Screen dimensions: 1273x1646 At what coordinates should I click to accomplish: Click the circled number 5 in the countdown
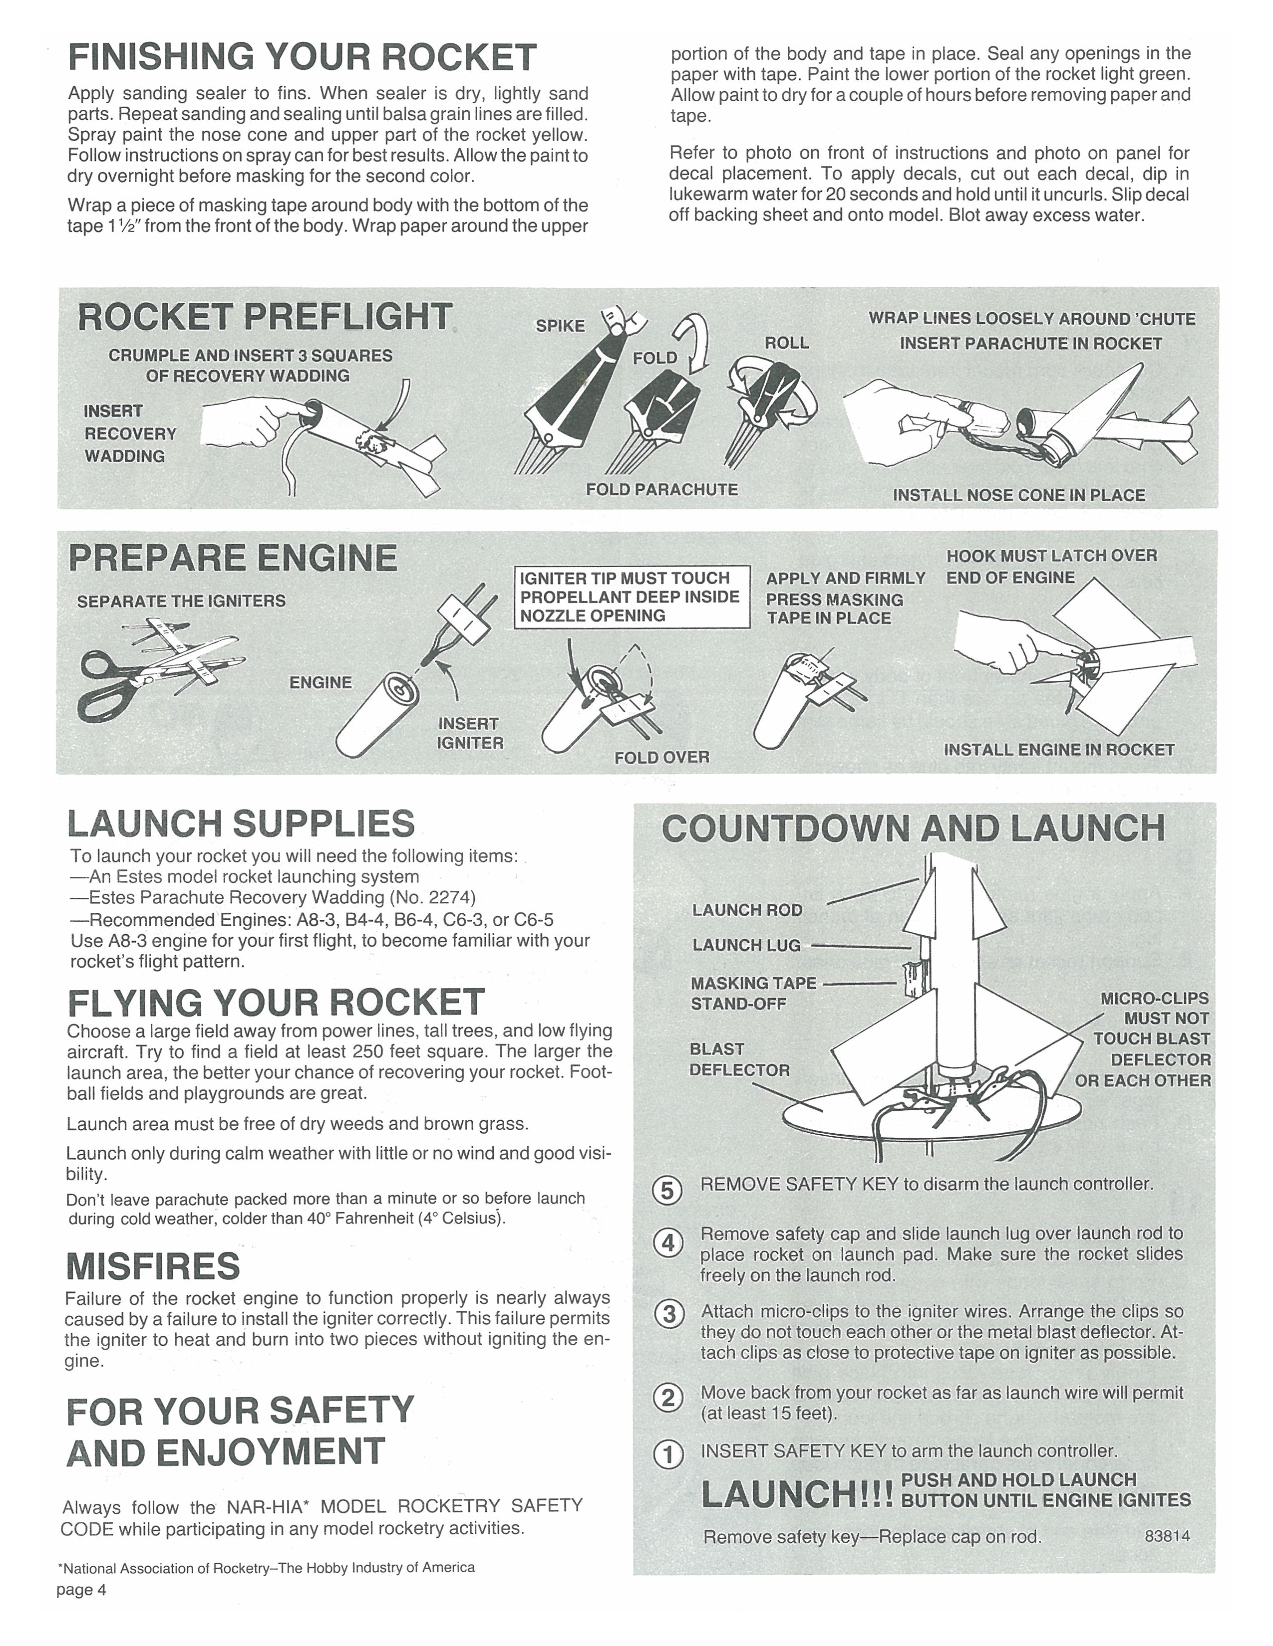[x=667, y=1191]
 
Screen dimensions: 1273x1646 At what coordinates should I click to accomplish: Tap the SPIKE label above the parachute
[x=560, y=326]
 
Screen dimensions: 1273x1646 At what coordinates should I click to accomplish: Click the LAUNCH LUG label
[x=746, y=945]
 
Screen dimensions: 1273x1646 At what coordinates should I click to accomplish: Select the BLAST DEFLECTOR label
[x=739, y=1059]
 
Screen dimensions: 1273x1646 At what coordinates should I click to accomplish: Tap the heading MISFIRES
[x=153, y=1265]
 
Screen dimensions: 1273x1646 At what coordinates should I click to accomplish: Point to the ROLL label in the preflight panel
[x=787, y=343]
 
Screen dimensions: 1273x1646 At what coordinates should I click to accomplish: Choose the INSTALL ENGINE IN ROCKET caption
[x=1059, y=749]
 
